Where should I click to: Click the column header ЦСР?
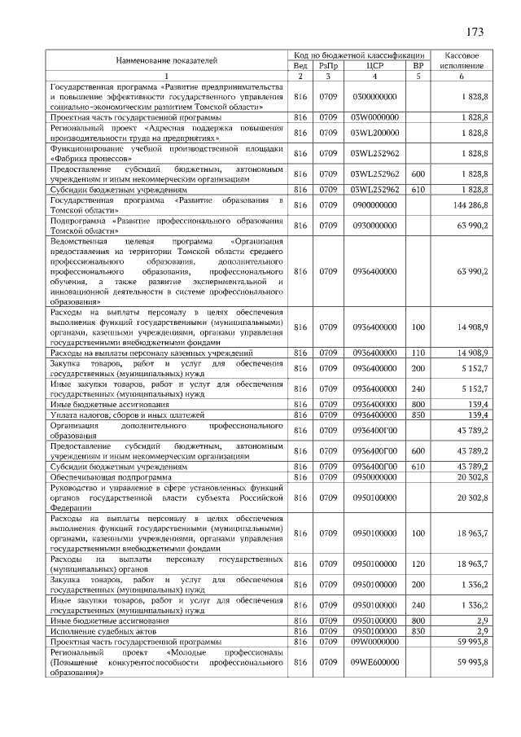coord(374,65)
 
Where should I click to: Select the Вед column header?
coord(300,65)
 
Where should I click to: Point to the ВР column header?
coord(418,65)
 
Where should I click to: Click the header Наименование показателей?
coord(167,60)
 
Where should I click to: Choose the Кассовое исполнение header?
coord(462,60)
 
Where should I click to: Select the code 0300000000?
coord(374,97)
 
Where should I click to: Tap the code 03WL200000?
coord(374,132)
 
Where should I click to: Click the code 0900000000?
coord(374,204)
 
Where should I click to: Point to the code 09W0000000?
coord(374,643)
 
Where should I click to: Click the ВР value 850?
coord(418,415)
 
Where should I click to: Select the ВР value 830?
coord(418,632)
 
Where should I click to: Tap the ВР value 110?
coord(418,353)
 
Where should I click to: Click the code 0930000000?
coord(374,225)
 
